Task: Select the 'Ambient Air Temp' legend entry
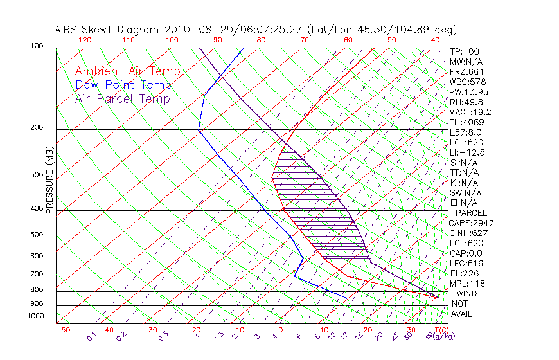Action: (127, 71)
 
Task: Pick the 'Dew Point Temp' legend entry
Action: (123, 85)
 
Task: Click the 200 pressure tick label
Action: (38, 128)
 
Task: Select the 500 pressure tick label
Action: (38, 235)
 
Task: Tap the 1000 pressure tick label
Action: (36, 316)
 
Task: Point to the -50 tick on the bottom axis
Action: (62, 330)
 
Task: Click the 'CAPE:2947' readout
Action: (471, 222)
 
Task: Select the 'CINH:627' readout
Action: (468, 233)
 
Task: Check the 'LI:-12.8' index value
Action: (468, 152)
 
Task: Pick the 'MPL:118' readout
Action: (466, 283)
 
